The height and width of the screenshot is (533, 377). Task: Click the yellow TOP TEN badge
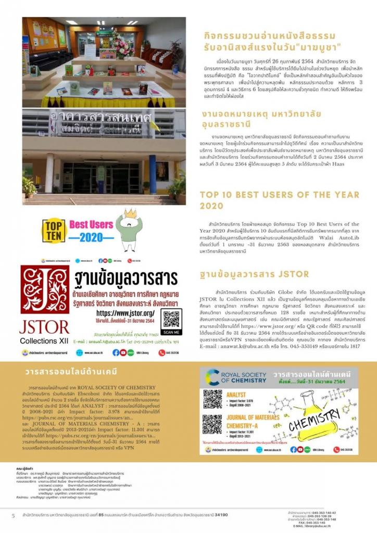54,231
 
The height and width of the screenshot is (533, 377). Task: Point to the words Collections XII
44,341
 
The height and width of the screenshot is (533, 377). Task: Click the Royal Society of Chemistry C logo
212,378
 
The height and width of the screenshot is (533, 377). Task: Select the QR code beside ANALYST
212,399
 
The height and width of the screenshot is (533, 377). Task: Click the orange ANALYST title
236,395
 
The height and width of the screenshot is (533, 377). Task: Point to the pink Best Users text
91,225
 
